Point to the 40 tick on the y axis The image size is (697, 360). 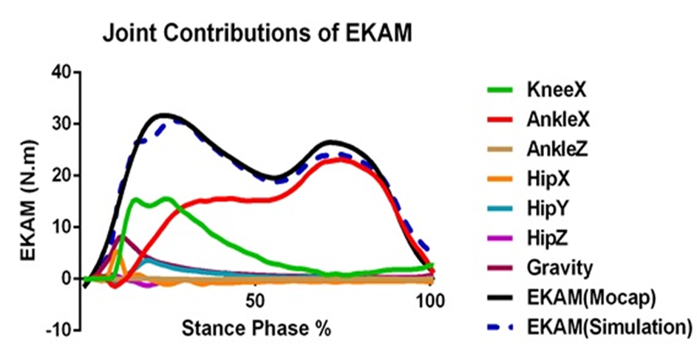click(x=61, y=72)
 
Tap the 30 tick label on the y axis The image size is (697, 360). click(x=61, y=124)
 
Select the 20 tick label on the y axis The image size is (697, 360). click(x=61, y=176)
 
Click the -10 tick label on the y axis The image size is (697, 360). click(x=58, y=330)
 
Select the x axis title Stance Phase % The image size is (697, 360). click(x=256, y=327)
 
